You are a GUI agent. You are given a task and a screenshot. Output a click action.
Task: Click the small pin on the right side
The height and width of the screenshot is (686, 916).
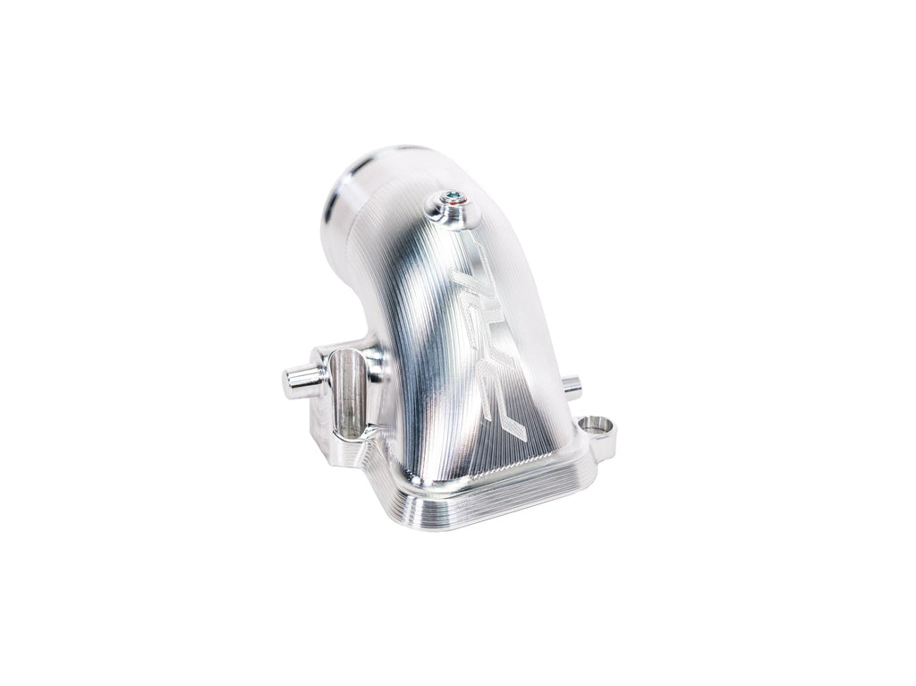click(x=572, y=387)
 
